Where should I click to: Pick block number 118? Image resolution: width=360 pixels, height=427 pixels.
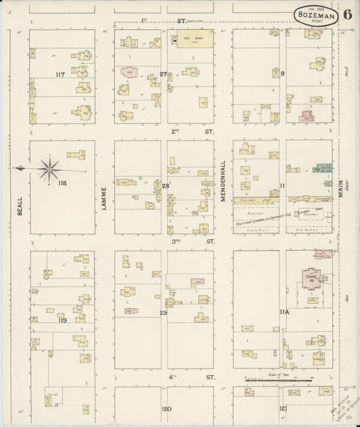point(64,183)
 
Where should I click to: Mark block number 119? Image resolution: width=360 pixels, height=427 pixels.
point(62,320)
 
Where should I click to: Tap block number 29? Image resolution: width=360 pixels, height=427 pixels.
point(163,313)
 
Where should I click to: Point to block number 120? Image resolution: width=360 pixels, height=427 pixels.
point(166,409)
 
